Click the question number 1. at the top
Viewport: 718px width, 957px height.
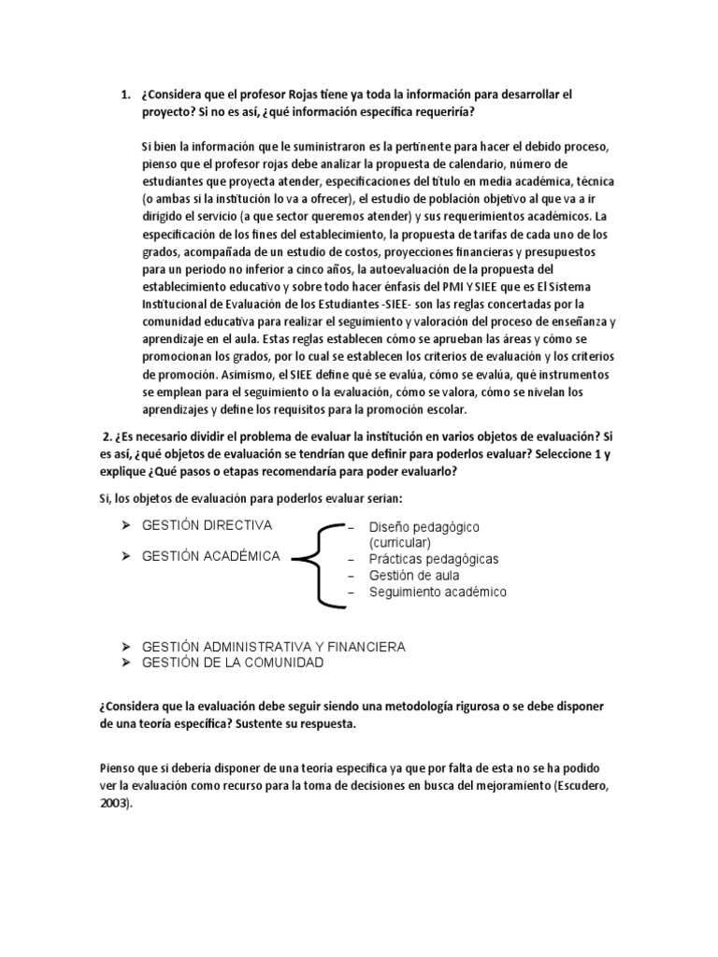(x=124, y=95)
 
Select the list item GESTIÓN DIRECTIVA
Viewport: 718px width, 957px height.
(x=207, y=525)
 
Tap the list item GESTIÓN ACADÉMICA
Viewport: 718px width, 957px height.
(x=210, y=556)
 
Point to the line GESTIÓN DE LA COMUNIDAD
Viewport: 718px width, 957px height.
(x=232, y=663)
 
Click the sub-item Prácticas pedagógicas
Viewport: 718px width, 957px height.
(x=433, y=559)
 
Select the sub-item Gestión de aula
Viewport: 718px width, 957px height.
(x=413, y=576)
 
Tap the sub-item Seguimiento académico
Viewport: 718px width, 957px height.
(x=438, y=592)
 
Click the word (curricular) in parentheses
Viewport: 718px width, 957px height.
(x=399, y=542)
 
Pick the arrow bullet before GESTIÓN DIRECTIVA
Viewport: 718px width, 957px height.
(x=125, y=525)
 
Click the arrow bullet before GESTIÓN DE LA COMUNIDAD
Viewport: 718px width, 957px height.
(x=125, y=663)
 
